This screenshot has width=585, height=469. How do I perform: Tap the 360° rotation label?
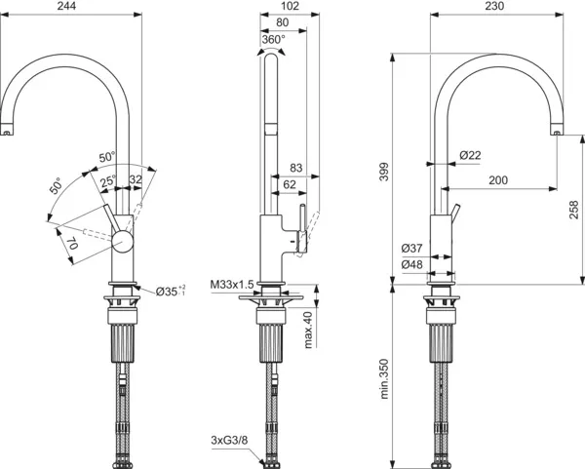(x=272, y=40)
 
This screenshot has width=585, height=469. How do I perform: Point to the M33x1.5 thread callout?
(x=231, y=284)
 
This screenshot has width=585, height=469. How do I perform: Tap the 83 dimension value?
(x=296, y=169)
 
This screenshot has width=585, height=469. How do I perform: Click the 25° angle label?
(x=105, y=179)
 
